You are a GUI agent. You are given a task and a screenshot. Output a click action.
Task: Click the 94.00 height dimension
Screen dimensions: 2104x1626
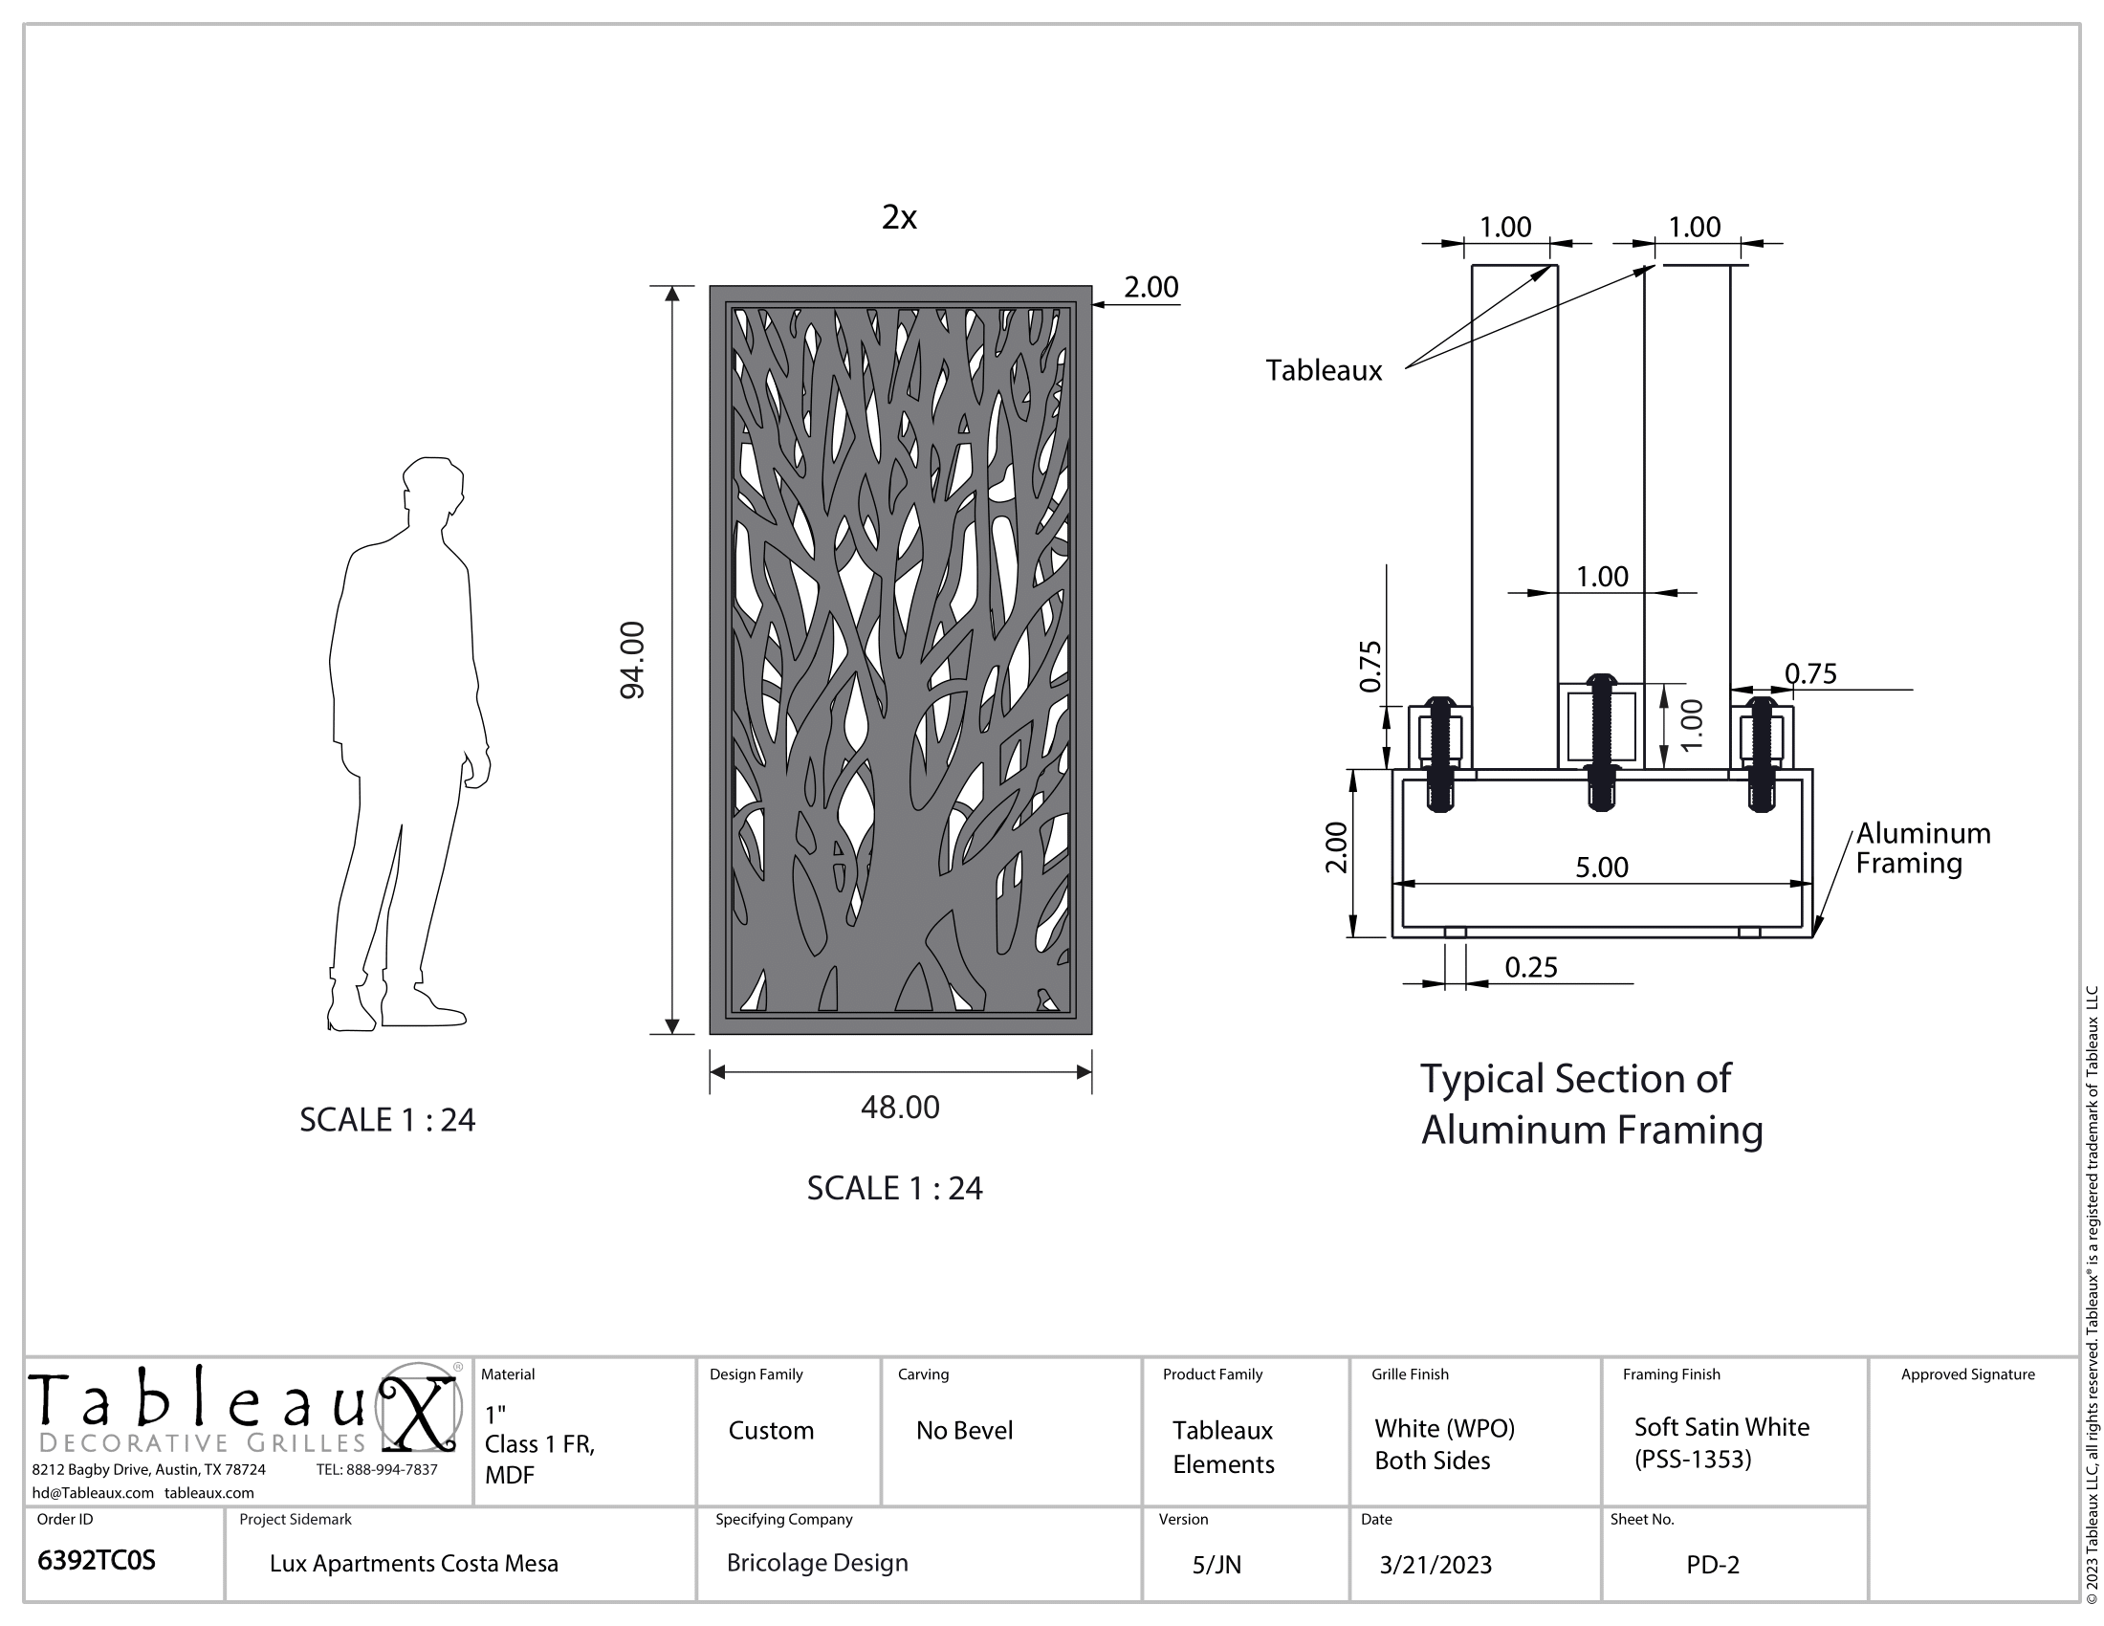(x=632, y=660)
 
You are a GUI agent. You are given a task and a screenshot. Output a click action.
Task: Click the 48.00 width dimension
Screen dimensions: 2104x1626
(x=900, y=1107)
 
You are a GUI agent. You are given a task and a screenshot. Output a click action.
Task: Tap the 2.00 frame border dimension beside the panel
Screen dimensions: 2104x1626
(x=1151, y=287)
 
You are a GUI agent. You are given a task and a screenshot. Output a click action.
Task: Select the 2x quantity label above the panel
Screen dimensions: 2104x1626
(x=899, y=218)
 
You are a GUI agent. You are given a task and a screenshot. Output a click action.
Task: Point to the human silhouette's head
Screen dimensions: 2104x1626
(x=433, y=488)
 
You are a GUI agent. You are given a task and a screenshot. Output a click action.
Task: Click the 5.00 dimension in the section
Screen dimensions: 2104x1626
(x=1602, y=867)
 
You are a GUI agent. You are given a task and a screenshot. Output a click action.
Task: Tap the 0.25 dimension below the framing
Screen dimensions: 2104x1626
(x=1531, y=967)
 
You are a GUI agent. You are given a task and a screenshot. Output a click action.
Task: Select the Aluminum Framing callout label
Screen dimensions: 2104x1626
(x=1923, y=847)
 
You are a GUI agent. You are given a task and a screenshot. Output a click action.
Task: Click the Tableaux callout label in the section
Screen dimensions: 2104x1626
(x=1324, y=370)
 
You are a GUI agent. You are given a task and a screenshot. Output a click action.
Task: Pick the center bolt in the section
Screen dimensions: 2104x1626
(x=1601, y=741)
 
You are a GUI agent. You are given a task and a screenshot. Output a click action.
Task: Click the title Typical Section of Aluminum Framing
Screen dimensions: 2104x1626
(x=1591, y=1104)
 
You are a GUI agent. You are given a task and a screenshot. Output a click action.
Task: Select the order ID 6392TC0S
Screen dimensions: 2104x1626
(x=96, y=1561)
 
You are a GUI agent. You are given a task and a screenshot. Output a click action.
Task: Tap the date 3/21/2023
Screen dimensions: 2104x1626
(x=1436, y=1565)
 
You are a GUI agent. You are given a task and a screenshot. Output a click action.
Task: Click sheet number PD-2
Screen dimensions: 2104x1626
(x=1713, y=1565)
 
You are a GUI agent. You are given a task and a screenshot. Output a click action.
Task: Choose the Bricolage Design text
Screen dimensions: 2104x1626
(x=817, y=1563)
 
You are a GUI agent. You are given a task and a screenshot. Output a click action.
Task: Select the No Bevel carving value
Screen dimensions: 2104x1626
(x=964, y=1431)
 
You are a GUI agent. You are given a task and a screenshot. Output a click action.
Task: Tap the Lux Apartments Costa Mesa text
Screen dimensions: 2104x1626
(x=414, y=1564)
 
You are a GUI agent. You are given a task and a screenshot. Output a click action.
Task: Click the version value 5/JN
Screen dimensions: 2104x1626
(x=1216, y=1566)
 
